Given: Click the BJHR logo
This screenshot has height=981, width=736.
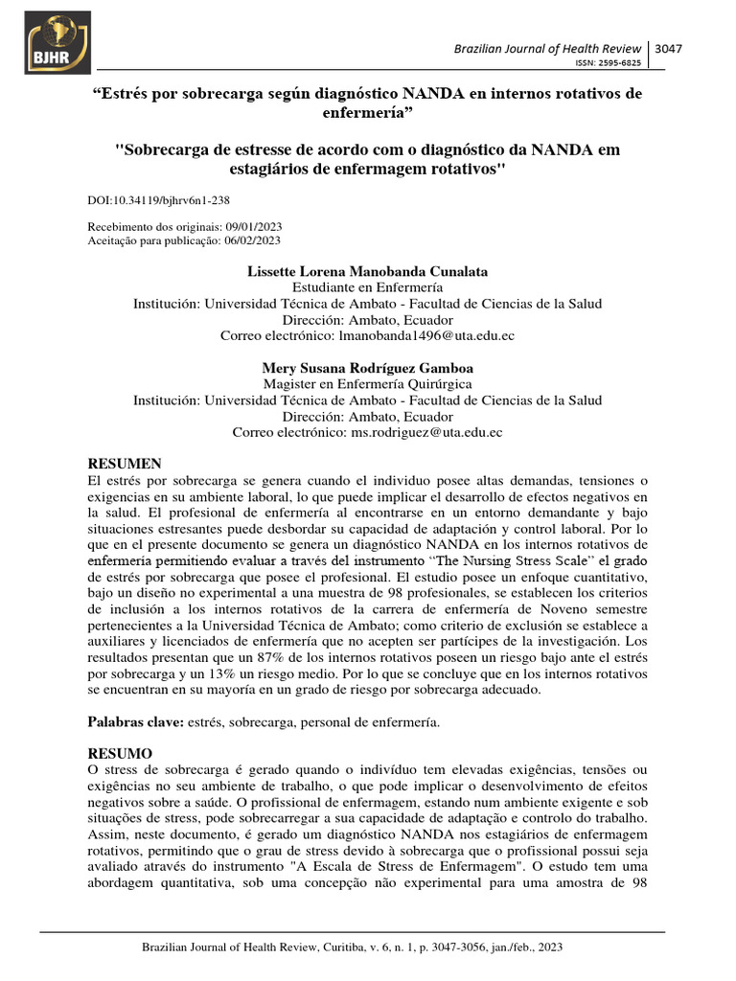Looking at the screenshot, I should point(58,43).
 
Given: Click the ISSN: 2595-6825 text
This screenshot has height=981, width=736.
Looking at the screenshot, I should point(608,63).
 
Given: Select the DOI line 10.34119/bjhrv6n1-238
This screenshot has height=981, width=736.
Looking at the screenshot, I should point(158,199).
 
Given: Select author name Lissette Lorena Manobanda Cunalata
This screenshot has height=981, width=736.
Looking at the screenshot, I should point(367,272).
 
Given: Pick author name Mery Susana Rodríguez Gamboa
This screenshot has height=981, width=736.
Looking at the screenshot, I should point(367,368).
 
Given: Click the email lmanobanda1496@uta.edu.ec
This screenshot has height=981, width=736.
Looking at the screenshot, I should point(419,335).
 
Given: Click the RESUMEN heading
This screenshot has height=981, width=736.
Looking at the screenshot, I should point(125,464).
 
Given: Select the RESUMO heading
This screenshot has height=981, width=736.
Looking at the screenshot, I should point(120,753).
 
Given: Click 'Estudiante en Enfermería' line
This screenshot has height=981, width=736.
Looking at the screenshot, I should point(367,287).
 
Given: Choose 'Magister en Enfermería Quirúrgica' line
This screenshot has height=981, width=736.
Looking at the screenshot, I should point(367,383).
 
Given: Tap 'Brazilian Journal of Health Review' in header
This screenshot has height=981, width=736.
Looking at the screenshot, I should point(550,49).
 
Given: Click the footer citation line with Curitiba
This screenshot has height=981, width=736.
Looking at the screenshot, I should point(352,947).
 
